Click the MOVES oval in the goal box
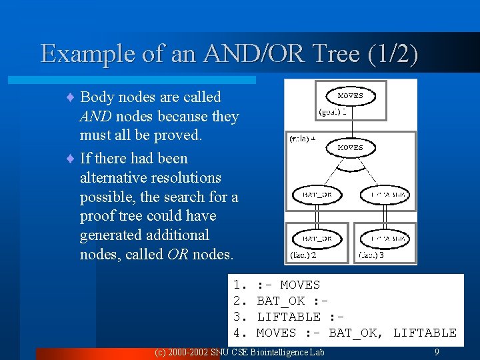pyautogui.click(x=350, y=96)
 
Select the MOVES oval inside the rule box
pyautogui.click(x=350, y=147)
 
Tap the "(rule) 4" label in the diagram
pyautogui.click(x=302, y=139)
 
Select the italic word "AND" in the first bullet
pyautogui.click(x=91, y=117)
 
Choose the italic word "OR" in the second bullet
pyautogui.click(x=175, y=254)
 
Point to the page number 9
pyautogui.click(x=437, y=351)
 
